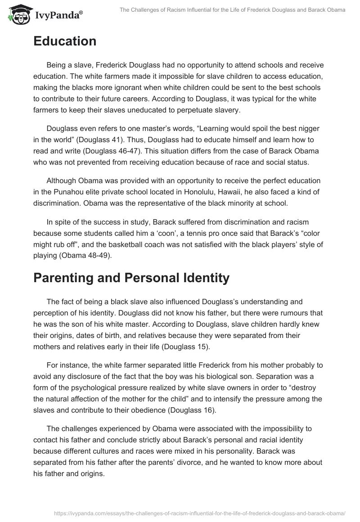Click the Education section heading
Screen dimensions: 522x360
65,41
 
